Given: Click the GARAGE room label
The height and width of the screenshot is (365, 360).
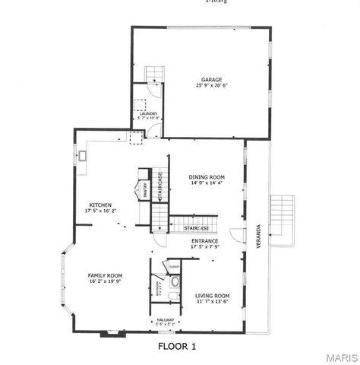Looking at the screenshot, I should (211, 79).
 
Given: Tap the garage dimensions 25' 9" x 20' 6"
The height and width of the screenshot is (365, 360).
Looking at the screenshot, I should (211, 86).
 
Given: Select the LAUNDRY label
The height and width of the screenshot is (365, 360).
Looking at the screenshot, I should (143, 113).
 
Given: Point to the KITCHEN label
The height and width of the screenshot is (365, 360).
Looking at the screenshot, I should (101, 205).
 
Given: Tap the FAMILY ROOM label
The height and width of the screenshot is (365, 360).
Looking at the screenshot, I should (105, 275).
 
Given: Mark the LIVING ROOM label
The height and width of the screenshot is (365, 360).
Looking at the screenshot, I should (212, 295).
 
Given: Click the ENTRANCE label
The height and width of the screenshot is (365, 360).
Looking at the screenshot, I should (205, 241).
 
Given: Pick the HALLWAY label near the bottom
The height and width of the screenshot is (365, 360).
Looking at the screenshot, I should (165, 320).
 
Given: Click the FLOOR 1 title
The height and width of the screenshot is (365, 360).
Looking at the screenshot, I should (176, 346).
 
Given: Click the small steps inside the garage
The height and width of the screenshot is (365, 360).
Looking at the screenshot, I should (154, 73).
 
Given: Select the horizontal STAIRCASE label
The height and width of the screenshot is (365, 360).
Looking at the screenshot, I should (185, 226).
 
